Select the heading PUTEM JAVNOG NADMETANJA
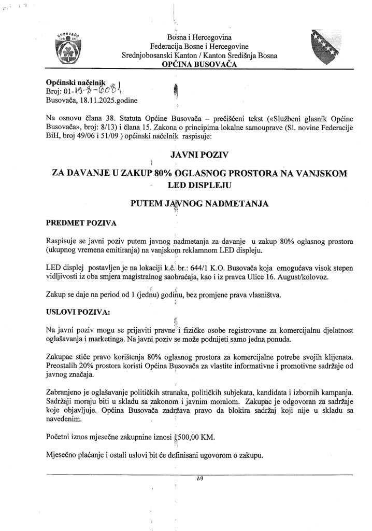[x=199, y=204]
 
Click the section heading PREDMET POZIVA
[x=81, y=223]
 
